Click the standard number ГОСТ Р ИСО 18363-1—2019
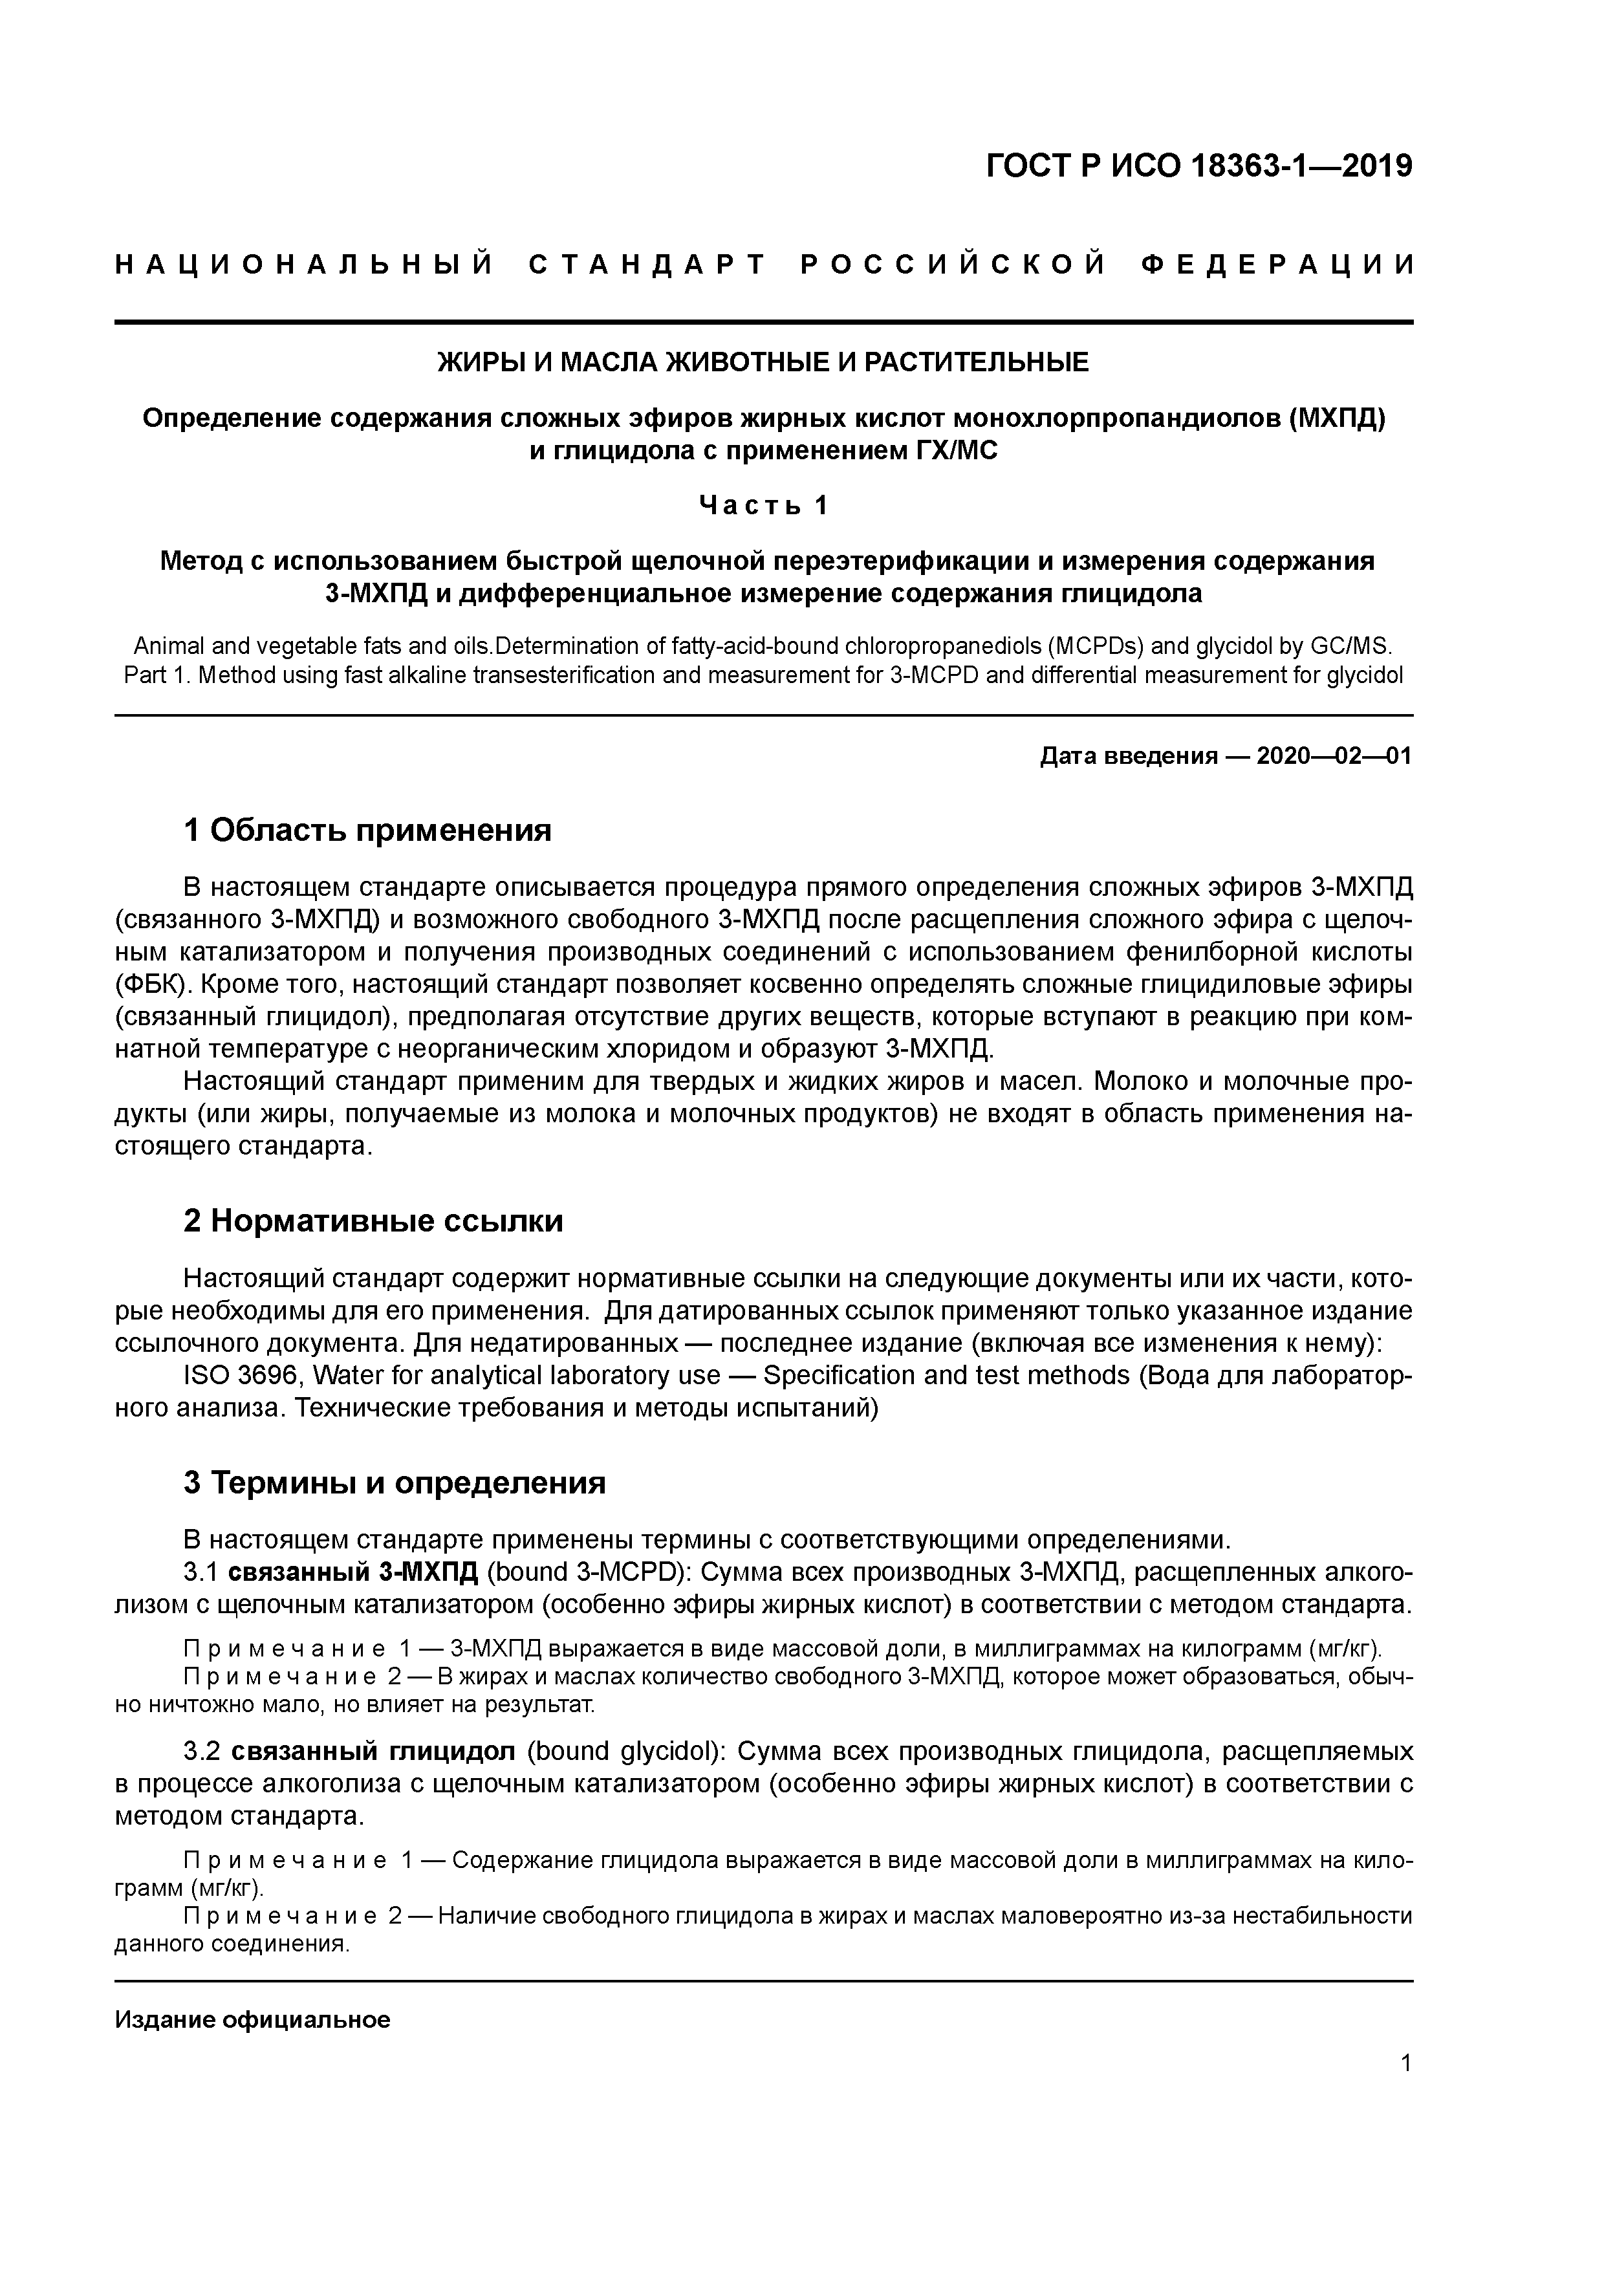[1199, 166]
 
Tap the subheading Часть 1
[763, 505]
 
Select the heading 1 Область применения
[367, 830]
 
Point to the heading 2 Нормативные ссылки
[374, 1221]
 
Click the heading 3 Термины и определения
[395, 1482]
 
